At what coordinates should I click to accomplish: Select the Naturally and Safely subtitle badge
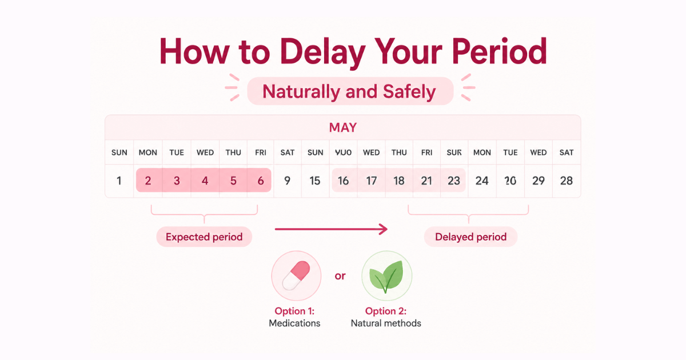pos(349,91)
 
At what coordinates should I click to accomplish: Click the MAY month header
pos(343,127)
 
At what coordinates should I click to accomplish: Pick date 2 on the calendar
pos(148,181)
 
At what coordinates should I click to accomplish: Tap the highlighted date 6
pos(261,181)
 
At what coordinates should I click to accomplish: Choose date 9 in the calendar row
pos(287,181)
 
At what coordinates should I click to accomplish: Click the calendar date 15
pos(315,181)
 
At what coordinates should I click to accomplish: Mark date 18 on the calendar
pos(399,181)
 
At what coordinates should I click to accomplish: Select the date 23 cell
pos(454,181)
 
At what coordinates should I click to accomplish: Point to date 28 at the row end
pos(567,181)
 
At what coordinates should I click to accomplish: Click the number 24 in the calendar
pos(482,181)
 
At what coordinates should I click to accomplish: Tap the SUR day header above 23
pos(454,153)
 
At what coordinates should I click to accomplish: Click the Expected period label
pos(204,237)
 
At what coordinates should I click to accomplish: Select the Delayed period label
pos(470,237)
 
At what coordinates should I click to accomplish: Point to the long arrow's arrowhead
pos(384,229)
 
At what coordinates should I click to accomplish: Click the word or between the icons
pos(340,276)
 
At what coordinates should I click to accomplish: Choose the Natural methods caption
pos(386,323)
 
